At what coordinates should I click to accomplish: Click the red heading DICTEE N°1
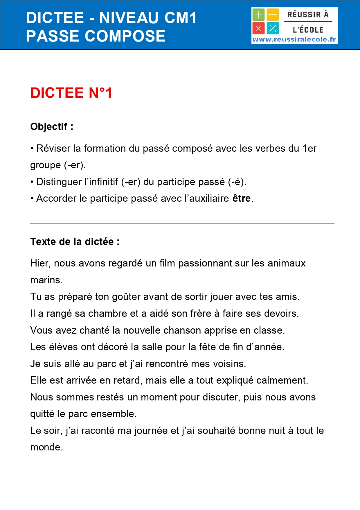[x=71, y=93]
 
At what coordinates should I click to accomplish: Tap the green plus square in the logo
[x=258, y=15]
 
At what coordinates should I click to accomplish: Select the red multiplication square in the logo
[x=258, y=28]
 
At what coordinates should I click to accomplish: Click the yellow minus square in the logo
[x=273, y=15]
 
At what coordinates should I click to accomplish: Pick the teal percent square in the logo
[x=273, y=28]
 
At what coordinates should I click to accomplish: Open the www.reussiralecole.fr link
[x=294, y=40]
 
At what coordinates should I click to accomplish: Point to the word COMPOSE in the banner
[x=125, y=36]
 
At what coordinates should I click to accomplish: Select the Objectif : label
[x=52, y=127]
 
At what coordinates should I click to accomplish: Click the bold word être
[x=242, y=198]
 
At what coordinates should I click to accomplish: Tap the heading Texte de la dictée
[x=75, y=242]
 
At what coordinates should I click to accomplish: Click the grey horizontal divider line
[x=182, y=224]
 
